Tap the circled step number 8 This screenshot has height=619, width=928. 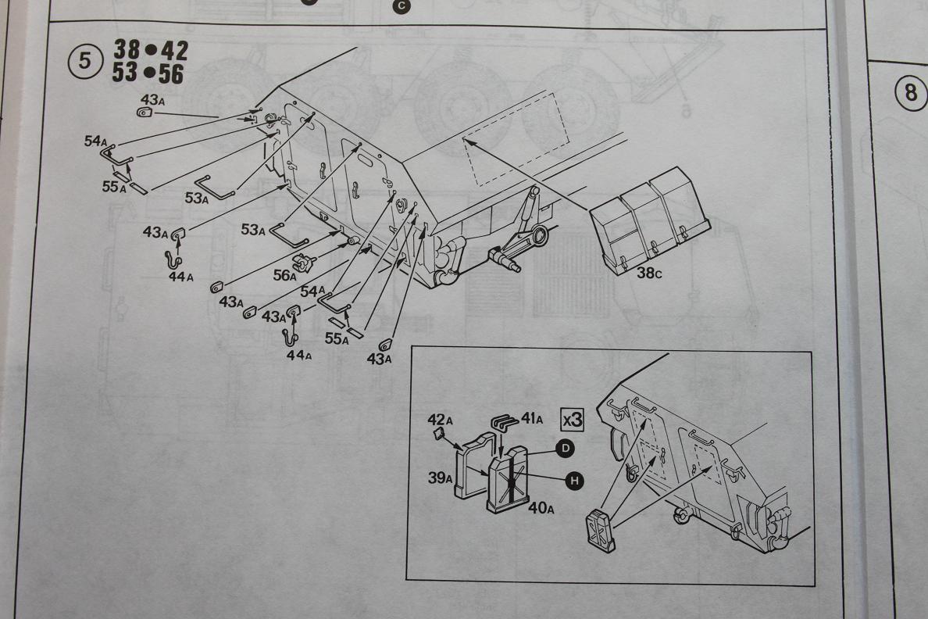pos(910,92)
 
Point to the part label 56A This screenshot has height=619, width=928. pos(284,276)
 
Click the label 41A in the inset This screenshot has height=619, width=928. pos(530,420)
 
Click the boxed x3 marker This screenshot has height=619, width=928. pos(572,419)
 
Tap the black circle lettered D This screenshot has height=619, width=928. pos(564,448)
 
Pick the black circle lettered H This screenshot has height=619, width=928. pos(574,481)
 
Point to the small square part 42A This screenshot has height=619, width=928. pos(440,434)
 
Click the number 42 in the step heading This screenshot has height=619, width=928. pos(174,52)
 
